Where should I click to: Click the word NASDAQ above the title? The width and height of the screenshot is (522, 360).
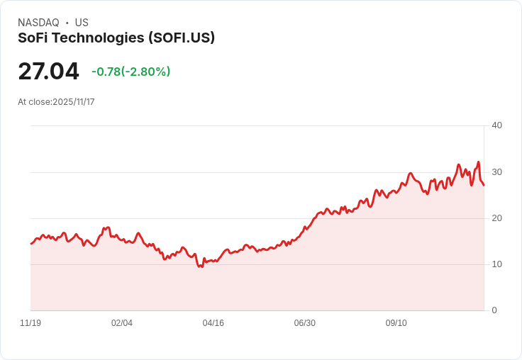38,23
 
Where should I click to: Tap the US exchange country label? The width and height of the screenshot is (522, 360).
82,23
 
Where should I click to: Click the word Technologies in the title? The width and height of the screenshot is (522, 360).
98,38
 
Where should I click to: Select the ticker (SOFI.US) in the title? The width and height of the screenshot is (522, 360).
182,38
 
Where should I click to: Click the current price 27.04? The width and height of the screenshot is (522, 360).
49,71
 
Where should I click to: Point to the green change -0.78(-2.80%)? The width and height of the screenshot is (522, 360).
130,72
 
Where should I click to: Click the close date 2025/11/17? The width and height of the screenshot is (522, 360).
74,102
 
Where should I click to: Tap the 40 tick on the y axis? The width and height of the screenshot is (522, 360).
496,125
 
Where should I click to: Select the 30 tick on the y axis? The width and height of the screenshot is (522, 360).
496,172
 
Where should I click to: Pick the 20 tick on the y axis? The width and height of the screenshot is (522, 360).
496,218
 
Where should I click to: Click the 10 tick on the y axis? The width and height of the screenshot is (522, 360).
496,264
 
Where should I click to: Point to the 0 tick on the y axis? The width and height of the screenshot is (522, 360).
494,310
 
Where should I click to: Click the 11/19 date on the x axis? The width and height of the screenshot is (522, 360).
30,323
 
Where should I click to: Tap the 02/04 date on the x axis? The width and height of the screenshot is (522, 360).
122,323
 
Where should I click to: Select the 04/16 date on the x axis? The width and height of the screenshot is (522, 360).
213,323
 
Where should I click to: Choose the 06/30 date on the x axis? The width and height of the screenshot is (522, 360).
304,323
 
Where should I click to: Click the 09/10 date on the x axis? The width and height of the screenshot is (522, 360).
396,323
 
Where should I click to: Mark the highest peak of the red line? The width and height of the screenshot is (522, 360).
479,162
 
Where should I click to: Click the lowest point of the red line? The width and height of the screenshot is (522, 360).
200,267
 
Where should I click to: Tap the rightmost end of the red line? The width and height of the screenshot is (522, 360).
484,185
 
